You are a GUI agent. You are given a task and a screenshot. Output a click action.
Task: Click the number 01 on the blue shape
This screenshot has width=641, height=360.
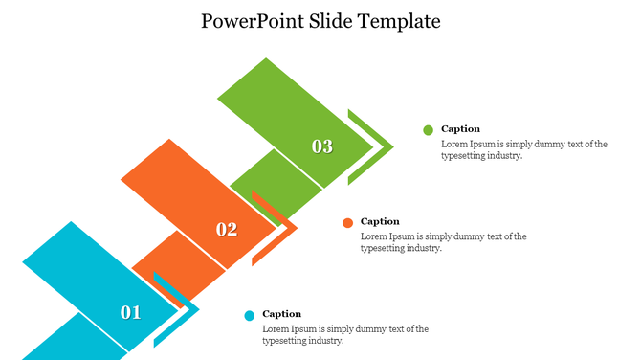pyautogui.click(x=130, y=312)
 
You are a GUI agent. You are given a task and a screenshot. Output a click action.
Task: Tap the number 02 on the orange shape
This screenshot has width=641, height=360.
pyautogui.click(x=227, y=229)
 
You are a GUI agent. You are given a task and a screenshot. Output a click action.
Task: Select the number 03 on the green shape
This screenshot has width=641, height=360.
pyautogui.click(x=322, y=146)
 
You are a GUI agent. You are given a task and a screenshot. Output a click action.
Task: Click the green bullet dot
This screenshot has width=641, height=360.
pyautogui.click(x=428, y=130)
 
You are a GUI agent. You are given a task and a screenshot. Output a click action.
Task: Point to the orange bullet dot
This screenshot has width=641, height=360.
pyautogui.click(x=348, y=223)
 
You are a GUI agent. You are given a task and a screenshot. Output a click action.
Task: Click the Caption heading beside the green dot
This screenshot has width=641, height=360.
pyautogui.click(x=460, y=129)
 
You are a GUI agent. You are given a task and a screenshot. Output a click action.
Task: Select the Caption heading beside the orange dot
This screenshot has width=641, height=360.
pyautogui.click(x=380, y=222)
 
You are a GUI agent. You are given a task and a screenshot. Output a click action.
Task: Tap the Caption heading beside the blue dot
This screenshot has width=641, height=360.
pyautogui.click(x=281, y=314)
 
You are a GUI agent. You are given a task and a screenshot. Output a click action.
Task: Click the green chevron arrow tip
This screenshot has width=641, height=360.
pyautogui.click(x=388, y=147)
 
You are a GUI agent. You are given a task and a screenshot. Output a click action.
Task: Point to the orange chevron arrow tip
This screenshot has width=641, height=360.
pyautogui.click(x=292, y=229)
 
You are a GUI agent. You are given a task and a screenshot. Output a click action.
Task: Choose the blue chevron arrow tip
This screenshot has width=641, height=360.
pyautogui.click(x=193, y=309)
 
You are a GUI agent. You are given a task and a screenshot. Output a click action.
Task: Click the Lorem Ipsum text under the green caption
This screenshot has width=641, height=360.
pyautogui.click(x=523, y=150)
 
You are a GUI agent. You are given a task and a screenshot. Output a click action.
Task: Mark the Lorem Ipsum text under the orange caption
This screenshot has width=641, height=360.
pyautogui.click(x=443, y=242)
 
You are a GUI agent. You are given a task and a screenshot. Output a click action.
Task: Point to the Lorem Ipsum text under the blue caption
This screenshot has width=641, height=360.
pyautogui.click(x=344, y=334)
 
